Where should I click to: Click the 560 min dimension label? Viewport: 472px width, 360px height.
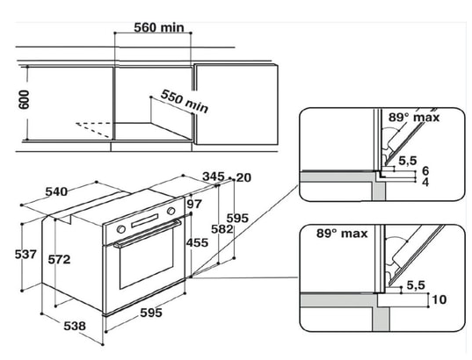(158, 28)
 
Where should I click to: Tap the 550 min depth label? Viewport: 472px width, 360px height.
(185, 101)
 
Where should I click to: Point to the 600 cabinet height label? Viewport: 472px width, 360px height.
(24, 99)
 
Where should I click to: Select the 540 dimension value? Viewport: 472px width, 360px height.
(56, 191)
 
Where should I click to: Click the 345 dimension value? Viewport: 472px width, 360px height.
(213, 176)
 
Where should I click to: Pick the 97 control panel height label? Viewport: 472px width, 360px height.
(194, 204)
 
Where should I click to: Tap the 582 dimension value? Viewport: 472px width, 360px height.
(221, 229)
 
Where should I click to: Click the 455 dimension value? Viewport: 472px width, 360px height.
(197, 242)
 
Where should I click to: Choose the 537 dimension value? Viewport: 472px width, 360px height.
(25, 255)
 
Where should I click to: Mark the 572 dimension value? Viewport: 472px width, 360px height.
(59, 260)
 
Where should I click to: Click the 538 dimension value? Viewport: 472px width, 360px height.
(75, 326)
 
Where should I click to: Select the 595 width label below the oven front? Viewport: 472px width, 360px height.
(151, 313)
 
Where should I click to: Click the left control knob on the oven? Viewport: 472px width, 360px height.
(121, 229)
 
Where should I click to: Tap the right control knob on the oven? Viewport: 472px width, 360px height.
(171, 211)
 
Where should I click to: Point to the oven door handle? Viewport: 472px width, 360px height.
(148, 234)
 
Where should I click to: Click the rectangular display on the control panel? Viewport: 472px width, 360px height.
(144, 220)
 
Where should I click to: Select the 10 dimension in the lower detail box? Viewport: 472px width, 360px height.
(439, 299)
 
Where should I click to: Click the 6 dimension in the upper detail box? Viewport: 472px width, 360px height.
(425, 171)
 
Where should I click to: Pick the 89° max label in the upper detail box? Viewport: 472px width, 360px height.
(414, 118)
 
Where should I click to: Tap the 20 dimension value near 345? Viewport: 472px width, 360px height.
(243, 177)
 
